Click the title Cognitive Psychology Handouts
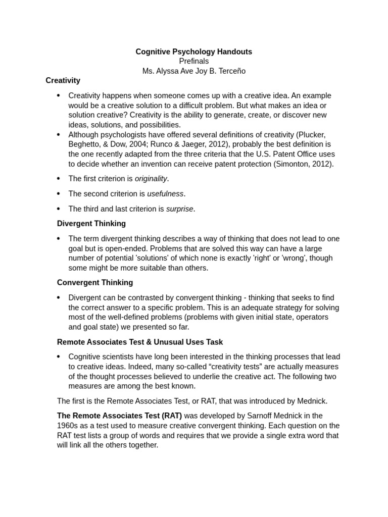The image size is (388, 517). click(193, 51)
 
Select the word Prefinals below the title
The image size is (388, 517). click(193, 61)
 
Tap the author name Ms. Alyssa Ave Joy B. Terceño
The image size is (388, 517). click(193, 71)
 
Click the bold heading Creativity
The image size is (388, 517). click(63, 80)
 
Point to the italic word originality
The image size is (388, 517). click(151, 179)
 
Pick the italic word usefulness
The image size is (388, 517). click(166, 194)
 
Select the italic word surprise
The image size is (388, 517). click(180, 209)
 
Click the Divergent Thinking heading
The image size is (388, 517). click(91, 223)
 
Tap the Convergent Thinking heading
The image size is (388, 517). click(95, 283)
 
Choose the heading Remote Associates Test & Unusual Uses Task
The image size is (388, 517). click(140, 342)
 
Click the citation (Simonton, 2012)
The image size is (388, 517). click(303, 164)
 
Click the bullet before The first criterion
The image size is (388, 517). click(59, 179)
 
